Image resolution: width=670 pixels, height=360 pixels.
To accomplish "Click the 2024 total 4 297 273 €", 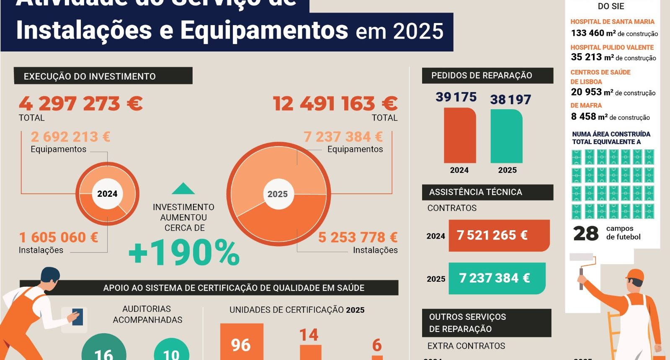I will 81,104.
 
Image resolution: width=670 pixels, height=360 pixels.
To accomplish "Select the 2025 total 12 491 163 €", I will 335,104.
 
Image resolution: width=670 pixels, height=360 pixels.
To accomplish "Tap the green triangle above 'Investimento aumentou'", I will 183,189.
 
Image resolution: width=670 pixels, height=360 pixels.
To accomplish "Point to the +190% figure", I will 184,253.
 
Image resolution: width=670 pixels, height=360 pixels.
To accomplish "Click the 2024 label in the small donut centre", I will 107,194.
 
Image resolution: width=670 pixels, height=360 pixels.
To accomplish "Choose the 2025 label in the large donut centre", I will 278,194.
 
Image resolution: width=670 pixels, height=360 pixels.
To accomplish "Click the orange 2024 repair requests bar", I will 460,135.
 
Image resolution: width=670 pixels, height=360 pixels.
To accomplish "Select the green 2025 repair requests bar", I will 506,136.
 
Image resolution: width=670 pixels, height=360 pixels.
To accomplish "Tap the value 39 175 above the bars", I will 456,97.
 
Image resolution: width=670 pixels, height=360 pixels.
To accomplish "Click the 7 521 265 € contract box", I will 499,236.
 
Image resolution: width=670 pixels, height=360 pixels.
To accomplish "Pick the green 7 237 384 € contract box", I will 497,278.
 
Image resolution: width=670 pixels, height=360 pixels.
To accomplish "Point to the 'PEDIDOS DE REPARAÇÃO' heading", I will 482,75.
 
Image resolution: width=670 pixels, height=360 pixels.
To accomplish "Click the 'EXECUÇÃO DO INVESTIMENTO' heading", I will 90,76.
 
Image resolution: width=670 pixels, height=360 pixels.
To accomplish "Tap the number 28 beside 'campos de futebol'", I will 586,233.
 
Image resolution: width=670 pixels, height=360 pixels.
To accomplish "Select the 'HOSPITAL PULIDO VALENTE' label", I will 612,47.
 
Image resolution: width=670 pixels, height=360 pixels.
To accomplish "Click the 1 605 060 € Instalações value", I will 59,237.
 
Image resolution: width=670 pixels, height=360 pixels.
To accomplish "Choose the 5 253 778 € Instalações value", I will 358,237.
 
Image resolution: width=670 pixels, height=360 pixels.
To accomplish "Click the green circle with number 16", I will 104,348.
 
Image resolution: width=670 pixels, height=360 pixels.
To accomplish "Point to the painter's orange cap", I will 635,275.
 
